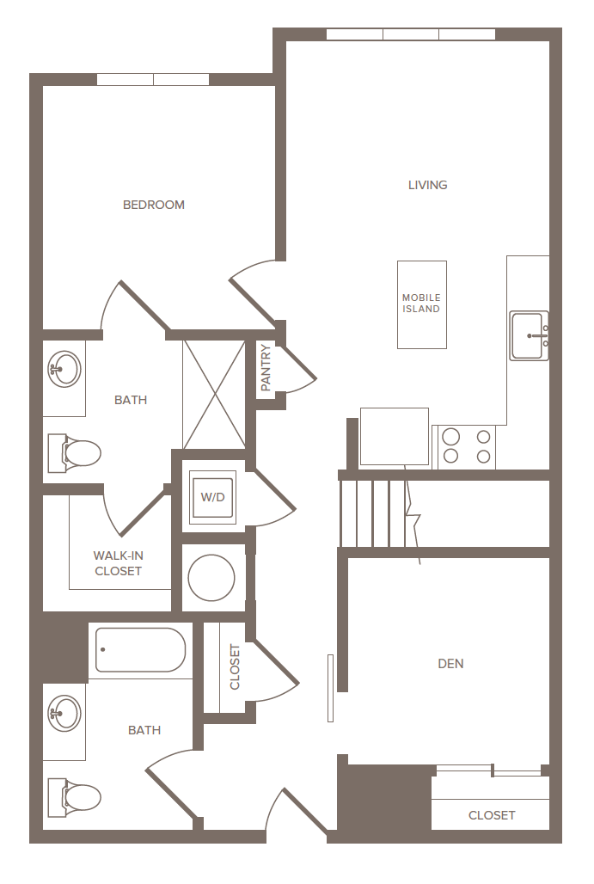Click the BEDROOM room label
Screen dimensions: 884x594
[x=154, y=205]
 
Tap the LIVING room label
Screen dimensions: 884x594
[x=427, y=185]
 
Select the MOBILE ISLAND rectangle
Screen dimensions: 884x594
[x=422, y=304]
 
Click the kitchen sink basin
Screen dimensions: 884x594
[x=527, y=335]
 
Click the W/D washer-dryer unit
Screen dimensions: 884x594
[x=211, y=497]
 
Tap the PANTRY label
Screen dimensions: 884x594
[x=266, y=368]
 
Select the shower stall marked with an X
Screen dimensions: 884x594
[x=214, y=394]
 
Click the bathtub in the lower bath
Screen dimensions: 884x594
[x=140, y=650]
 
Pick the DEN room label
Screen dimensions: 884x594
[x=450, y=664]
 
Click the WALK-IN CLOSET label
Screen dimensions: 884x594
[x=118, y=563]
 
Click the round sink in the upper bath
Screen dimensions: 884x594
[x=63, y=370]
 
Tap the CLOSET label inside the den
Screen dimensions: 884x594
[x=492, y=815]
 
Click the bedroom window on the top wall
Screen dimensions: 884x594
[x=153, y=80]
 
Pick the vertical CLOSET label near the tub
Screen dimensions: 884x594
[x=235, y=667]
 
